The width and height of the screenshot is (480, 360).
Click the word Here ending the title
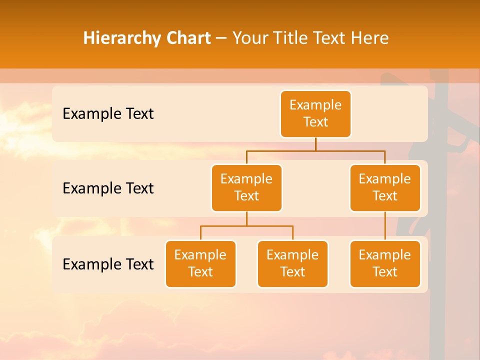[369, 38]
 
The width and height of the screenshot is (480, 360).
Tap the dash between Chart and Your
[221, 38]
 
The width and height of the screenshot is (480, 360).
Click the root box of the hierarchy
[315, 113]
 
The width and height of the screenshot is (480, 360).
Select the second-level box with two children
[246, 187]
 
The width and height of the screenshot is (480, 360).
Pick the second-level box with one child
[385, 187]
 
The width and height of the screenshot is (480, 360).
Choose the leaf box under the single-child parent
[385, 263]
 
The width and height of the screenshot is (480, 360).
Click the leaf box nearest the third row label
[200, 263]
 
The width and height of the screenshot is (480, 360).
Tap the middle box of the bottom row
[292, 263]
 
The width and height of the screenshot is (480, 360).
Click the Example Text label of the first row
[108, 113]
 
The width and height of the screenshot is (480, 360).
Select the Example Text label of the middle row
[108, 188]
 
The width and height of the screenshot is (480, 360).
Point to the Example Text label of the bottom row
[108, 264]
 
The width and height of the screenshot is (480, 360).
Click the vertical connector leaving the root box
[315, 144]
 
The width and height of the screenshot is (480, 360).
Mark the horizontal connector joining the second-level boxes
[315, 150]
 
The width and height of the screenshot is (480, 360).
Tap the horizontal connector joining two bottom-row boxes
[246, 226]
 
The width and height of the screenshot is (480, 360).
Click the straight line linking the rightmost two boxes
[385, 226]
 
